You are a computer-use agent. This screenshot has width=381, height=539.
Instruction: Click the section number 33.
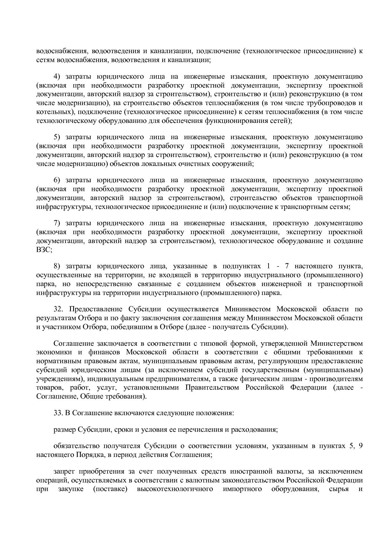(x=58, y=413)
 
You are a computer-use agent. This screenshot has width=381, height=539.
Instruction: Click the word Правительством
(x=212, y=388)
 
